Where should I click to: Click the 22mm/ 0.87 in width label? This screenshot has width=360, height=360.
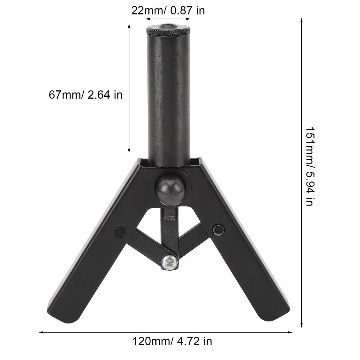pos(168,10)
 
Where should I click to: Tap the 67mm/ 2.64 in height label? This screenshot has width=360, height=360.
pos(85,95)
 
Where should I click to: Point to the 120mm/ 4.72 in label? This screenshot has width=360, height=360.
pos(172,341)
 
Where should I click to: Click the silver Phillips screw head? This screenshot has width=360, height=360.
pos(169,261)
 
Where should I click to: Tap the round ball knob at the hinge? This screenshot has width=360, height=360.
pos(170,190)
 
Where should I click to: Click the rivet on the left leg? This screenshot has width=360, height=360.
pos(121,231)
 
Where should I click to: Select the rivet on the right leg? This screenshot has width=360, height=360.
pos(218,230)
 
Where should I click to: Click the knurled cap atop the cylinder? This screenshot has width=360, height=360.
pos(168,31)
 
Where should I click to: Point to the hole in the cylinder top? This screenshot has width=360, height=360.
pos(168,26)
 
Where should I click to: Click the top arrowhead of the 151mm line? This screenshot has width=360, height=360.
pos(302,20)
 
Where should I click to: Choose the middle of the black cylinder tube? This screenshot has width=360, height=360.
pos(168,98)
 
